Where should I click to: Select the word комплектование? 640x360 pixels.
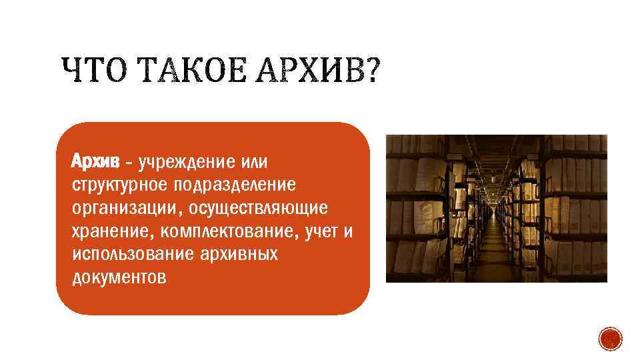click(x=224, y=231)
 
